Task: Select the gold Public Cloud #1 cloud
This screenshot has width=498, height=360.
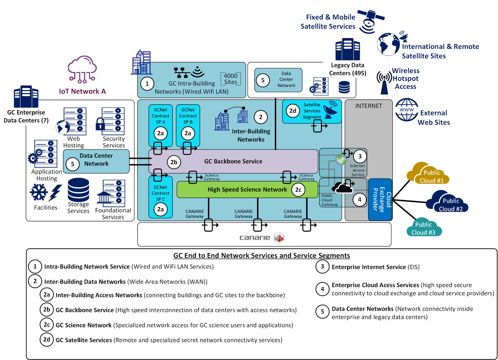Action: [428, 174]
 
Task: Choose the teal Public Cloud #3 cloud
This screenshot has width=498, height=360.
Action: [423, 228]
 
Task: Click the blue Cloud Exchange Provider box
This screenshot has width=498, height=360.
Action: [380, 200]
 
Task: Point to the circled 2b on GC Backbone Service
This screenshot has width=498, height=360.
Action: [174, 162]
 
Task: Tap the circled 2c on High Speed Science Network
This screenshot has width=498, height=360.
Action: [298, 190]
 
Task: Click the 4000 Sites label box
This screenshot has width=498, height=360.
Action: [231, 79]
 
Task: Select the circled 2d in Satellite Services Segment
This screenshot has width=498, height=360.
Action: [293, 111]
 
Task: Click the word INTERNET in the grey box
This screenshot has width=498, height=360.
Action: [369, 106]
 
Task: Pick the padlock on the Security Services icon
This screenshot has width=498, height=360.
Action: [100, 124]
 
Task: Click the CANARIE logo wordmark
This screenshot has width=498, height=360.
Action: [255, 238]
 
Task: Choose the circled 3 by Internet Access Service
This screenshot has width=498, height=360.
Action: [360, 156]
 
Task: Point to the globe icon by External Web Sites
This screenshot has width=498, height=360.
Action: [406, 110]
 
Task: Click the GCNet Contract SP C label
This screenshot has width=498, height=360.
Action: [161, 193]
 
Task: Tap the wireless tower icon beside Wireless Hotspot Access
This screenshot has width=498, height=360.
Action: [384, 82]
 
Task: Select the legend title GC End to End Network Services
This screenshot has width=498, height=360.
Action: [261, 256]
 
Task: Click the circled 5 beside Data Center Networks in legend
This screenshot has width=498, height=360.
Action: [322, 312]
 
